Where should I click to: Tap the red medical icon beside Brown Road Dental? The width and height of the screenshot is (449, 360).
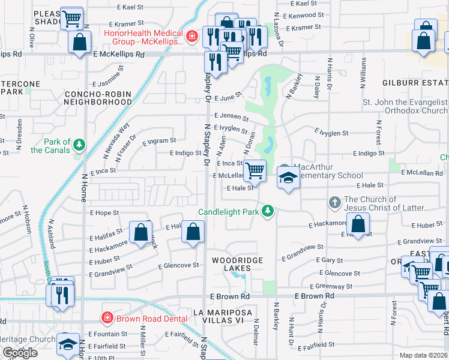106,317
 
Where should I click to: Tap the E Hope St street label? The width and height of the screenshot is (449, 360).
104,212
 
